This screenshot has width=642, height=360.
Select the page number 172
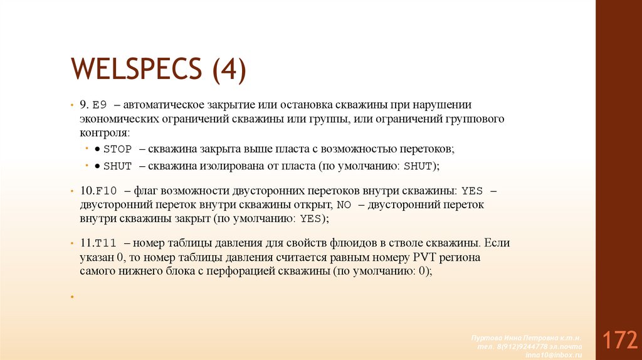pos(620,341)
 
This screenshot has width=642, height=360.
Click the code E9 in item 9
pos(100,105)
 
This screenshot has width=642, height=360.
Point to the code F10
pos(106,190)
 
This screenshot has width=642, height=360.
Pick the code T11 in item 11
pos(106,243)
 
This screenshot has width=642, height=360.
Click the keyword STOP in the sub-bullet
pos(117,149)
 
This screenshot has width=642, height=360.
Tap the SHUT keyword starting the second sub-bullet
pos(117,166)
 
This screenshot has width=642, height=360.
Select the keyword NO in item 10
pos(344,204)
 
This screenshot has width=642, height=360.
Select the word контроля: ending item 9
pos(105,133)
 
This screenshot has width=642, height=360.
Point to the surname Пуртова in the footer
pos(485,338)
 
